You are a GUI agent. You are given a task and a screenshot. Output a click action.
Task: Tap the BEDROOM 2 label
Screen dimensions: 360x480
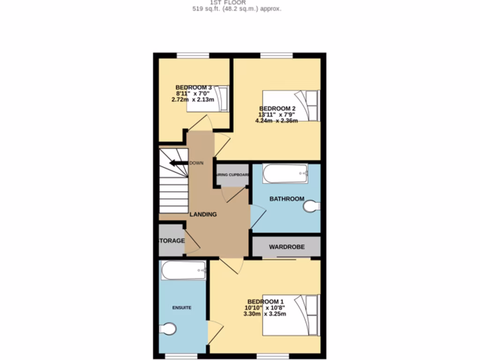pos(277,108)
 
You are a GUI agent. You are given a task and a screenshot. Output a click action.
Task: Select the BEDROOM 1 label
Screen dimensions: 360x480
pos(265,301)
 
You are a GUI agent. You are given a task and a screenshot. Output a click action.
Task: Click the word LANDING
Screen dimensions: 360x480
pos(203,214)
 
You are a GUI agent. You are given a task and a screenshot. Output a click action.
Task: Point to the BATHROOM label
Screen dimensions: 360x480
pos(287,199)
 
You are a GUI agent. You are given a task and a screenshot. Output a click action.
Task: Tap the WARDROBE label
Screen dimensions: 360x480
pos(287,247)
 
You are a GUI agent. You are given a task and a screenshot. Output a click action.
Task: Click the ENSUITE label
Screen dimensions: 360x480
pos(182,307)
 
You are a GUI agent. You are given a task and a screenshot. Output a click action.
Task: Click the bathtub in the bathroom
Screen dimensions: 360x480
pos(285,173)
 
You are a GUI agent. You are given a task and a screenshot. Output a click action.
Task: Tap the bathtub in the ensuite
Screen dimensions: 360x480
pos(183,270)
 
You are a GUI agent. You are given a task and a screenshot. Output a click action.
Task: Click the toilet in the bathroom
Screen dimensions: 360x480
pos(312,206)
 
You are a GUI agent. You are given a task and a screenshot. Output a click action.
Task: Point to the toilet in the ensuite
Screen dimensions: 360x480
pos(168,329)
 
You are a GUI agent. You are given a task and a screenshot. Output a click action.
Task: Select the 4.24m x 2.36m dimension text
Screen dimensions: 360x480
pos(277,120)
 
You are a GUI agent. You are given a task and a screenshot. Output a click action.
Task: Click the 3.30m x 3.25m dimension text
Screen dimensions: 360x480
pos(265,314)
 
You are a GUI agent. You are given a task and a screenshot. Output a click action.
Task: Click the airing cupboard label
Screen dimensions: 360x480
pos(232,175)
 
